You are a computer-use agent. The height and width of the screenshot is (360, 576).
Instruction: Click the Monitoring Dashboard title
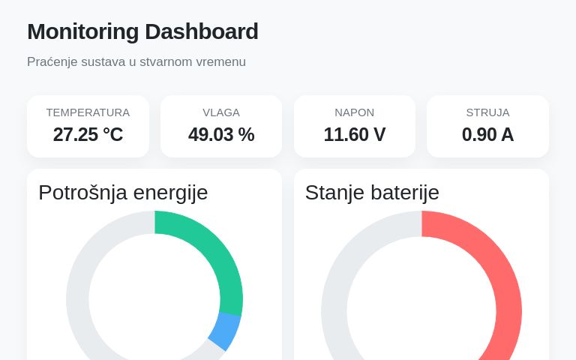[x=142, y=31]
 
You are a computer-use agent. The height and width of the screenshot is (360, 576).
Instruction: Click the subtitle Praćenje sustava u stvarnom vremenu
[x=136, y=61]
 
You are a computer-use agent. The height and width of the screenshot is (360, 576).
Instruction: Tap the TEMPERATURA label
[x=88, y=112]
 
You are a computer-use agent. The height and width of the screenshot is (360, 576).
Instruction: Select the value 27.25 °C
[x=88, y=135]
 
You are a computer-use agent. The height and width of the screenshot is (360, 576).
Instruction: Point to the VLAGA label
[x=221, y=112]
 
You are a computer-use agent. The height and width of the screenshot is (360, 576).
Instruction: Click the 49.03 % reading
[x=221, y=135]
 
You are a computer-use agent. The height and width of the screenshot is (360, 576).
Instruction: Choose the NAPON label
[x=354, y=112]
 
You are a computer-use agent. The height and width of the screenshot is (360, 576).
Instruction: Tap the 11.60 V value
[x=354, y=135]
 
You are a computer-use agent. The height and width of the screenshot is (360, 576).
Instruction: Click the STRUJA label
[x=487, y=112]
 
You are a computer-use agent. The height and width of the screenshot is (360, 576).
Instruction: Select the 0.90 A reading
[x=487, y=135]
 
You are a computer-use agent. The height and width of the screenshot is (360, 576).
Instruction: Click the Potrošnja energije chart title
[x=123, y=193]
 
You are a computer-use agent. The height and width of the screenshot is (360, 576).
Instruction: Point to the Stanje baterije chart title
[x=372, y=193]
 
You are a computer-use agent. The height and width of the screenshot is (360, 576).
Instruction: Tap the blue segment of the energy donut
[x=224, y=331]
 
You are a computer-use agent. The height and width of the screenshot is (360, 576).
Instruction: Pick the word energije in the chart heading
[x=170, y=193]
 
